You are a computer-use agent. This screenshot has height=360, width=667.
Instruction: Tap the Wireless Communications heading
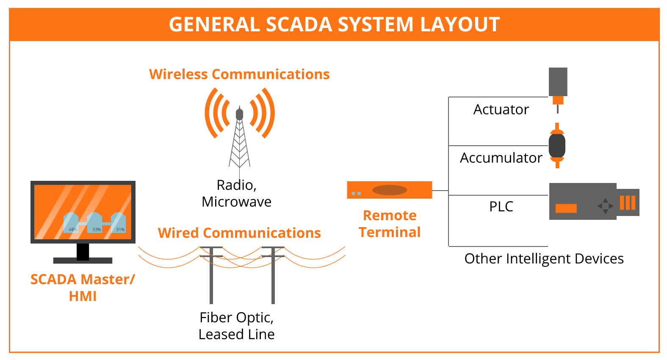[239, 75]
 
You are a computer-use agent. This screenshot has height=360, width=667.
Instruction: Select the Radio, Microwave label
[236, 194]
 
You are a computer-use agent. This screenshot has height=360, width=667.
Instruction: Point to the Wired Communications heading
[239, 233]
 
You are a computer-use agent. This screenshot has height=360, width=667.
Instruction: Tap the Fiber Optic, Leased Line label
[236, 326]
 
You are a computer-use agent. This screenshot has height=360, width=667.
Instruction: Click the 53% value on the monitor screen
[97, 230]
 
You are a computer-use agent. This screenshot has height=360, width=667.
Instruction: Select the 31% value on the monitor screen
[120, 230]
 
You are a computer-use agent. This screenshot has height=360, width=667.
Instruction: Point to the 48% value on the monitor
[73, 230]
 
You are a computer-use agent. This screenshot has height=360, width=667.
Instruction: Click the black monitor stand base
[83, 260]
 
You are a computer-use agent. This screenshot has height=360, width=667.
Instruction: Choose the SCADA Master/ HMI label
[83, 288]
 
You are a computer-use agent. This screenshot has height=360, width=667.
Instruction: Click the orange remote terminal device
[389, 190]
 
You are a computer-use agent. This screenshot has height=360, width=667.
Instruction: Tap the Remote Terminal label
[390, 224]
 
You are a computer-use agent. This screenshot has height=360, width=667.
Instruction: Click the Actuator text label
[501, 110]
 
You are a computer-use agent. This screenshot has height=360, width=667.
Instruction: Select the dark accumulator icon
[557, 146]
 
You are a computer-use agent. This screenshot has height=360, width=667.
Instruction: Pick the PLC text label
[501, 207]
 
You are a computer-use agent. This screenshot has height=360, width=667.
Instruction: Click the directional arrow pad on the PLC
[605, 206]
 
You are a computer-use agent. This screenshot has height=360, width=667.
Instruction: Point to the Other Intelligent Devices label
[544, 259]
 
